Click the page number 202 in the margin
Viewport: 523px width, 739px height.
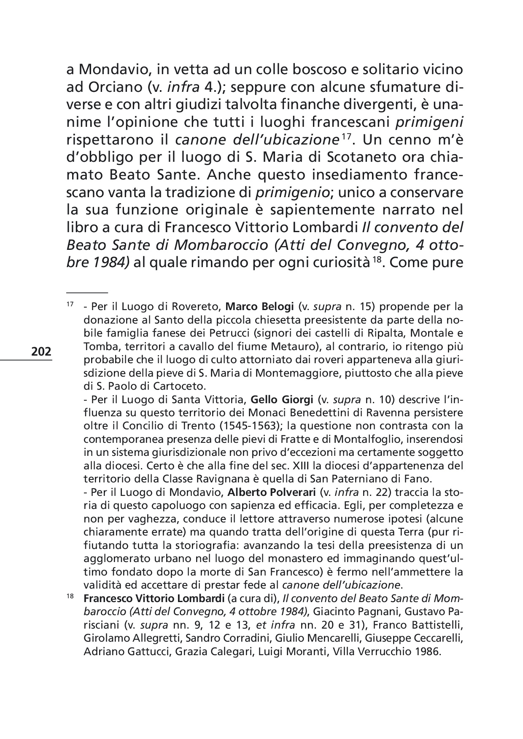click(x=41, y=351)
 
